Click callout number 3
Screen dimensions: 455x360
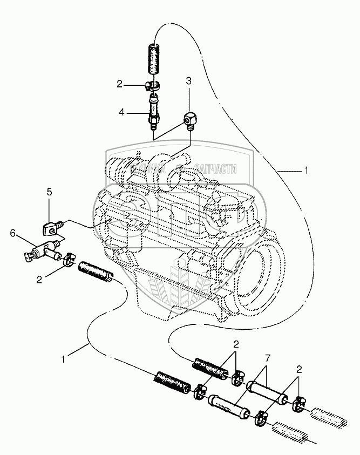[x=189, y=81]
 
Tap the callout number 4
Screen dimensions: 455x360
[x=122, y=112]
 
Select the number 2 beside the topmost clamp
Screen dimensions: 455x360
[x=120, y=84]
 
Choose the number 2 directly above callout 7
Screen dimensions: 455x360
[x=235, y=344]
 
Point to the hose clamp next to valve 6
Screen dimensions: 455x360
[x=69, y=260]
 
